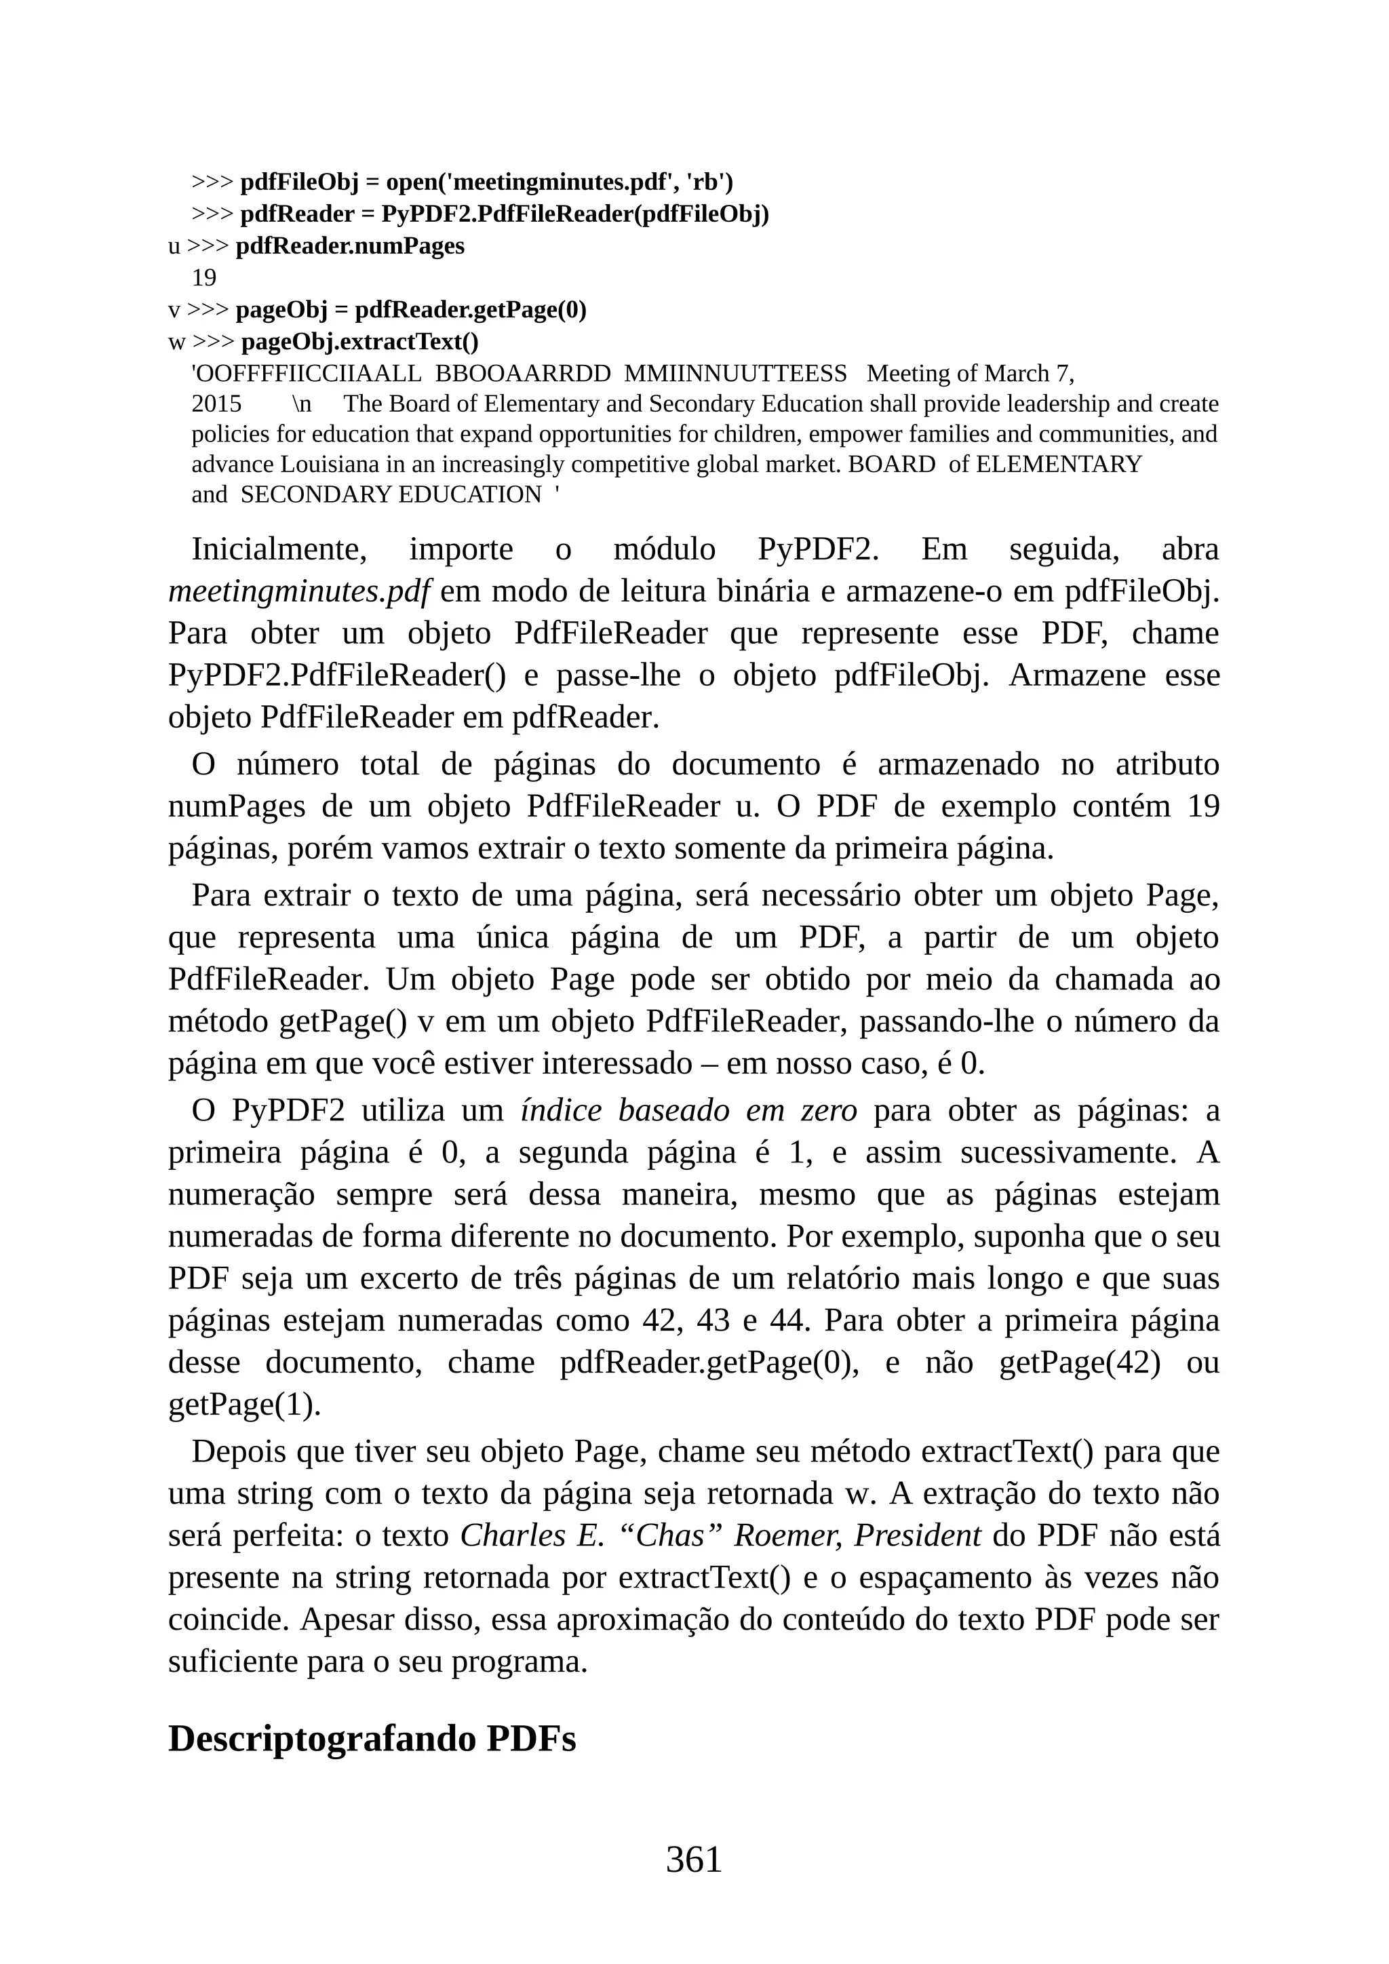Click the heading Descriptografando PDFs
[372, 1739]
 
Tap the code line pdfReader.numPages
[350, 246]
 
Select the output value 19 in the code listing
[203, 278]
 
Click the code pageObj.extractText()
[360, 342]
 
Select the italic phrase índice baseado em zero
[688, 1111]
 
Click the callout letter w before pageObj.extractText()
[176, 343]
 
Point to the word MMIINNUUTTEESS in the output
[736, 374]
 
